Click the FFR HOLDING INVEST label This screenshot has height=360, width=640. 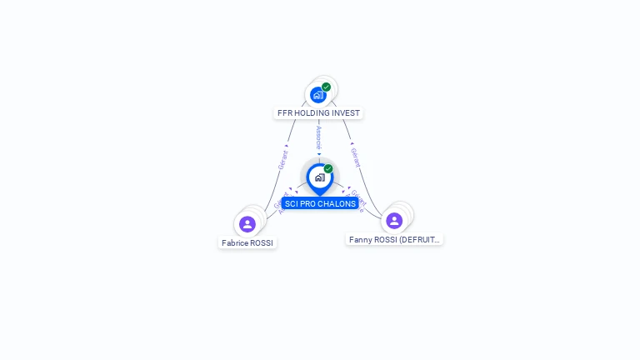(319, 112)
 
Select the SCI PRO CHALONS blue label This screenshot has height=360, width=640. (320, 203)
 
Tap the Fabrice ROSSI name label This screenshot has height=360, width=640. (247, 242)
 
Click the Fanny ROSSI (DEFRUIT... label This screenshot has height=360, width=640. (394, 239)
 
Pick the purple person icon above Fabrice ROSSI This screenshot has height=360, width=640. (247, 224)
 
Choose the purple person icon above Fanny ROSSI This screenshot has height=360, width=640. (394, 221)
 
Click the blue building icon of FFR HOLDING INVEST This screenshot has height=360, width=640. (317, 95)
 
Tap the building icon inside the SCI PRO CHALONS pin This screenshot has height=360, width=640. (319, 177)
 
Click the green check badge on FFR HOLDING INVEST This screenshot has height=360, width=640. (327, 87)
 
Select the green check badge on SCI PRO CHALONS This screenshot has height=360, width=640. (328, 169)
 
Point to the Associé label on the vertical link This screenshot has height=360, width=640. (319, 137)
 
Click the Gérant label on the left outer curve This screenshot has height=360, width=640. (283, 158)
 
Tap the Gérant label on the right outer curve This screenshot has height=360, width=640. (355, 157)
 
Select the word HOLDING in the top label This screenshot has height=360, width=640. (311, 112)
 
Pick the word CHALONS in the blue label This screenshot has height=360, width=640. (338, 203)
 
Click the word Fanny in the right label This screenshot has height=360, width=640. (360, 239)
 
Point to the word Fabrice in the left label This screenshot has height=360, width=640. (234, 242)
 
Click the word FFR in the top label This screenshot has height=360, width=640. (285, 112)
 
